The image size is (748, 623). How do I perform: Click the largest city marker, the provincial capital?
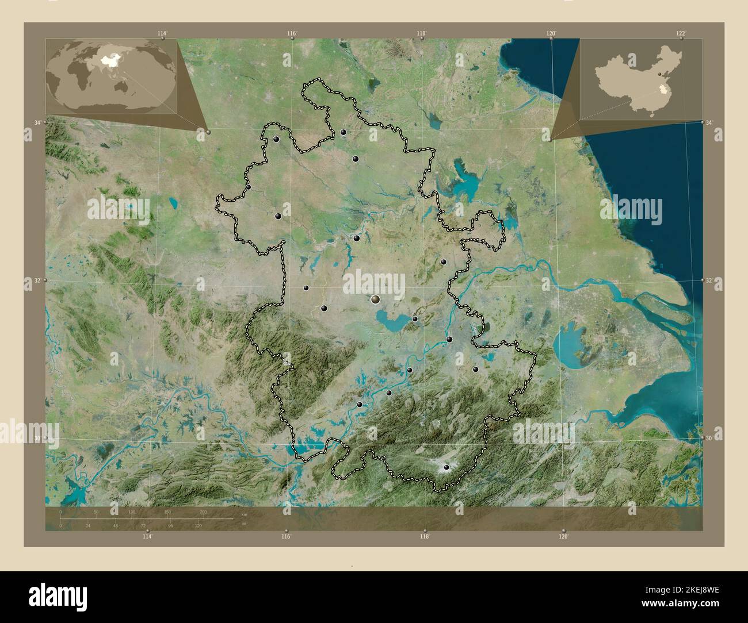pos(376,299)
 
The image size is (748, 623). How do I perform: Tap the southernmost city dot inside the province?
pos(446,468)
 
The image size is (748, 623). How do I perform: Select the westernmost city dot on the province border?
pos(249,187)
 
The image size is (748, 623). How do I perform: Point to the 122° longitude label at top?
pos(681,33)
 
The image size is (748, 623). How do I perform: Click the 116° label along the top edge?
pos(292,33)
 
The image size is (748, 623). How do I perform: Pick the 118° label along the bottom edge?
pos(425,536)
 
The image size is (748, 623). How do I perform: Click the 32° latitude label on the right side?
pos(710,280)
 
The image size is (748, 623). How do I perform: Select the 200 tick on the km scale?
pos(203,512)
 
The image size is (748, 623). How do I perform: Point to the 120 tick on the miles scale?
pos(198,525)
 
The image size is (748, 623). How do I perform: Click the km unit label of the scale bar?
pos(244,514)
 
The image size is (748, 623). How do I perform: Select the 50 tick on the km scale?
pos(96,512)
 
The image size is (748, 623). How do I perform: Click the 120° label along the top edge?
pos(551,33)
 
